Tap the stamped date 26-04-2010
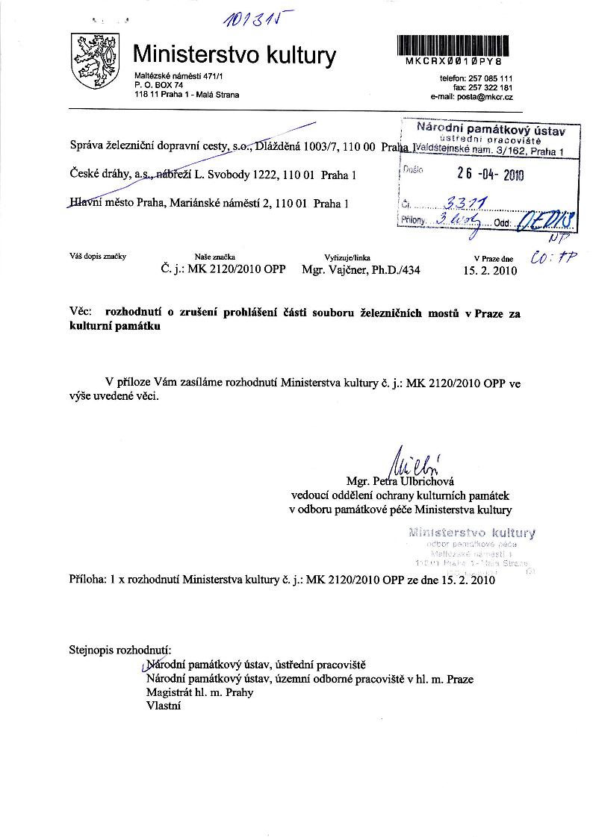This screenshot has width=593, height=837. [x=490, y=175]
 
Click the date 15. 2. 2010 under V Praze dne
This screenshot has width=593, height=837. [x=490, y=270]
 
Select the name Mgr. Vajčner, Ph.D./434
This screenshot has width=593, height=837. [x=361, y=270]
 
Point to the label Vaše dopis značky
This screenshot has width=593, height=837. [x=97, y=257]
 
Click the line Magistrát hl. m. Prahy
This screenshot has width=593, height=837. [x=199, y=692]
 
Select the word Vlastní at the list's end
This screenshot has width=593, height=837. [x=164, y=706]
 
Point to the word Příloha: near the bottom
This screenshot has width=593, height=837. [x=90, y=578]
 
